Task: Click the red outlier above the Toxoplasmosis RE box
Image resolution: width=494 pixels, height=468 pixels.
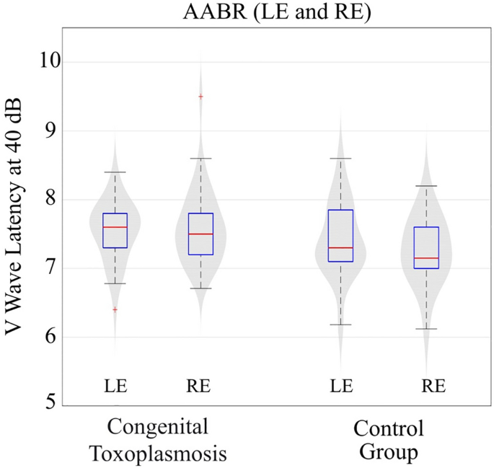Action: pyautogui.click(x=200, y=96)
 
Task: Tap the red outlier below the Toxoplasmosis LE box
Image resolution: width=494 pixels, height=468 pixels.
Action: pyautogui.click(x=115, y=309)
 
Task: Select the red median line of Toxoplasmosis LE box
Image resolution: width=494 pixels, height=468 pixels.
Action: pyautogui.click(x=115, y=227)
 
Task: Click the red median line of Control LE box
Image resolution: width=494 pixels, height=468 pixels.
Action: pyautogui.click(x=340, y=247)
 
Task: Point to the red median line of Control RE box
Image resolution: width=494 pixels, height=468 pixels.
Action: pyautogui.click(x=426, y=257)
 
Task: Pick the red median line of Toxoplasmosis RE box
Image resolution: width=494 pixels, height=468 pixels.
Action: pyautogui.click(x=200, y=234)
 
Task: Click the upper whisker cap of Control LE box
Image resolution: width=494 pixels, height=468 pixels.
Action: pyautogui.click(x=340, y=158)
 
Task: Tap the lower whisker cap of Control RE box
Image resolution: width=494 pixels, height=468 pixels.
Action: pyautogui.click(x=426, y=329)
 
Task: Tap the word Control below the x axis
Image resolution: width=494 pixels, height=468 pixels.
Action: pyautogui.click(x=388, y=431)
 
